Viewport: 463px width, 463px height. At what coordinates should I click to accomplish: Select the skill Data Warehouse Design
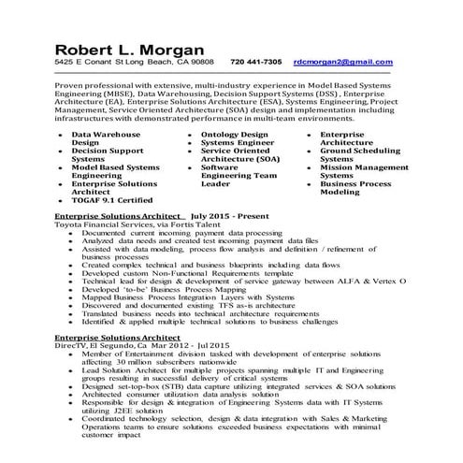(x=104, y=139)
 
